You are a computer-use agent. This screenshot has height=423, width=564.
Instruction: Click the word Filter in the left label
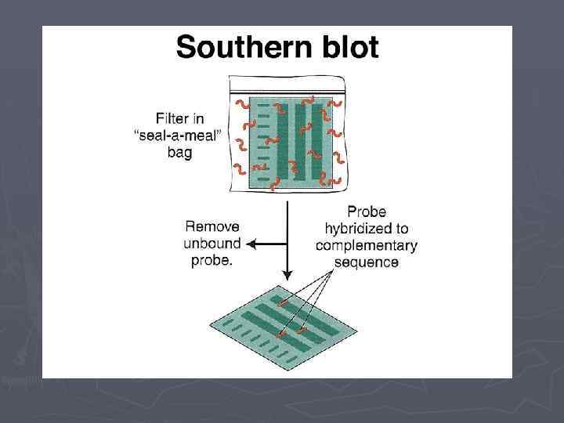172,119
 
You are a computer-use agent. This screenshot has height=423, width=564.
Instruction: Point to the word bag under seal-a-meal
179,153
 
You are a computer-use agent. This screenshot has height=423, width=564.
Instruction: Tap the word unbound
212,243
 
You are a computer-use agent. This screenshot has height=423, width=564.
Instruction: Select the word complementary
367,245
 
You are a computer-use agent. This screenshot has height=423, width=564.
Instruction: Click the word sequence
367,262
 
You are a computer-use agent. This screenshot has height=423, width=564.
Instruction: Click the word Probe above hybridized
367,211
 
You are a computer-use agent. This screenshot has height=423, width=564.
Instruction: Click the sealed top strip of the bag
287,85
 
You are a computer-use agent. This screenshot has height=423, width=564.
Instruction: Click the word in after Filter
203,119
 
